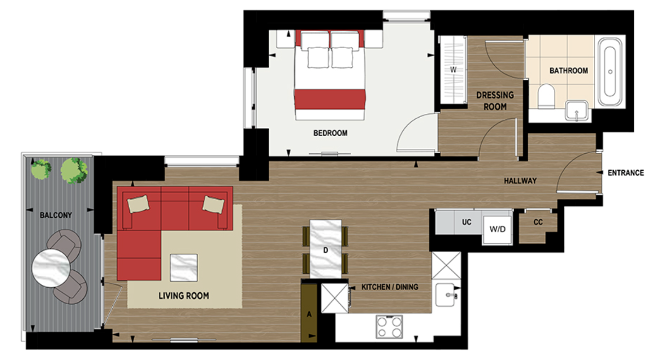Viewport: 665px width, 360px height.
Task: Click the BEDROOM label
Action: [330, 133]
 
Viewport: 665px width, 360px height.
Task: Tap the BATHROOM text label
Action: [569, 71]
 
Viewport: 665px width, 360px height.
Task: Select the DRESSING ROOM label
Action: [495, 101]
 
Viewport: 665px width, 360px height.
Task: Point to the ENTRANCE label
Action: [626, 173]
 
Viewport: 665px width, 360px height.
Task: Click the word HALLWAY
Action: [520, 181]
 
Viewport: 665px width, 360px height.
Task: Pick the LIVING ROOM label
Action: [183, 296]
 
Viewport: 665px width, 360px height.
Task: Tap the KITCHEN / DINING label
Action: [389, 287]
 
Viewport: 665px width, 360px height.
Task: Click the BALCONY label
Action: [56, 215]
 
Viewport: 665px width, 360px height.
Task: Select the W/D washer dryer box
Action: [498, 229]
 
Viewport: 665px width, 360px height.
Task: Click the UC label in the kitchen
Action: [466, 223]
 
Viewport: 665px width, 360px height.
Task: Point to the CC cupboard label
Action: [537, 223]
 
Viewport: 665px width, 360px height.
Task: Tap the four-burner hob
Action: [389, 327]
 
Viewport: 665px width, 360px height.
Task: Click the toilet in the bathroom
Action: [546, 97]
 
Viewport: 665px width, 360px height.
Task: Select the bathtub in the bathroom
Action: [610, 71]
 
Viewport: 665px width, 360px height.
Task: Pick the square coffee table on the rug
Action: [185, 268]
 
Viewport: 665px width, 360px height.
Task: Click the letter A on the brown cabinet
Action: [309, 315]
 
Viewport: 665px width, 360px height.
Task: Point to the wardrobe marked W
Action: [453, 69]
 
